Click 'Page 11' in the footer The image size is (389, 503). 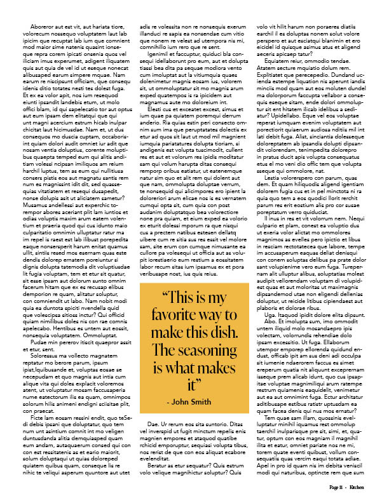click(x=337, y=486)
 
